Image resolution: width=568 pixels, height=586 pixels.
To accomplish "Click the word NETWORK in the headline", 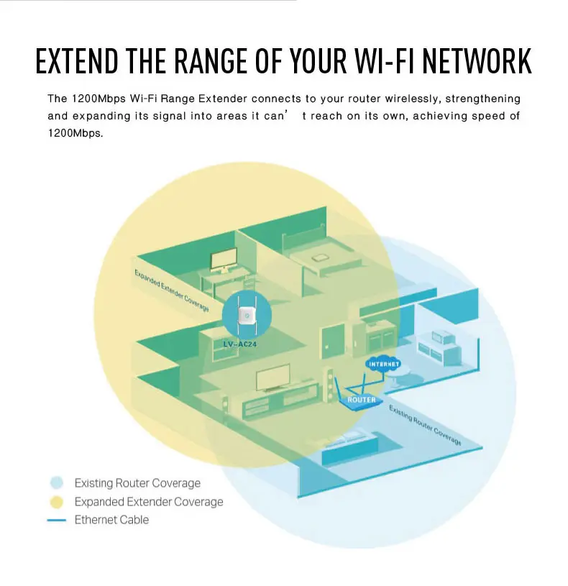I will pos(477,61).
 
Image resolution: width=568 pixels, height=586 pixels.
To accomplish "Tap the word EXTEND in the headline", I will pos(76,61).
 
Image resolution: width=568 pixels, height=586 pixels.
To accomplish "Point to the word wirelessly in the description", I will pos(412,98).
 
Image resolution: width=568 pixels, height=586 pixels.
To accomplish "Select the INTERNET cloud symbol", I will pos(383,364).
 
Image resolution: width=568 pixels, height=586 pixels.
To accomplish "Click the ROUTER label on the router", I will pos(362,399).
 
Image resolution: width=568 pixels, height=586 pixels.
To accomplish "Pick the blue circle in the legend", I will pos(58,482).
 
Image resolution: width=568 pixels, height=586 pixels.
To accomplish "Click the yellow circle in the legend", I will pos(58,501).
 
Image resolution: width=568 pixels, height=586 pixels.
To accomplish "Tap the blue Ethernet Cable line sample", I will pos(57,520).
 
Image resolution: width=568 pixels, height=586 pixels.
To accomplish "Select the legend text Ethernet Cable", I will pos(111,520).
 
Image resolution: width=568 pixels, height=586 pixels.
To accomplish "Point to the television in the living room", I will pos(273,376).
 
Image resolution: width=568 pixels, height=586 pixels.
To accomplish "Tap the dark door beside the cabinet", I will pos(334,338).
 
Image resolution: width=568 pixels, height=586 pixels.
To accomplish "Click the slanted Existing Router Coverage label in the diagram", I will pos(425,424).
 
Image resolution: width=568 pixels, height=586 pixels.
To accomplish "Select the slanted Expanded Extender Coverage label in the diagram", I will pos(171,290).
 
